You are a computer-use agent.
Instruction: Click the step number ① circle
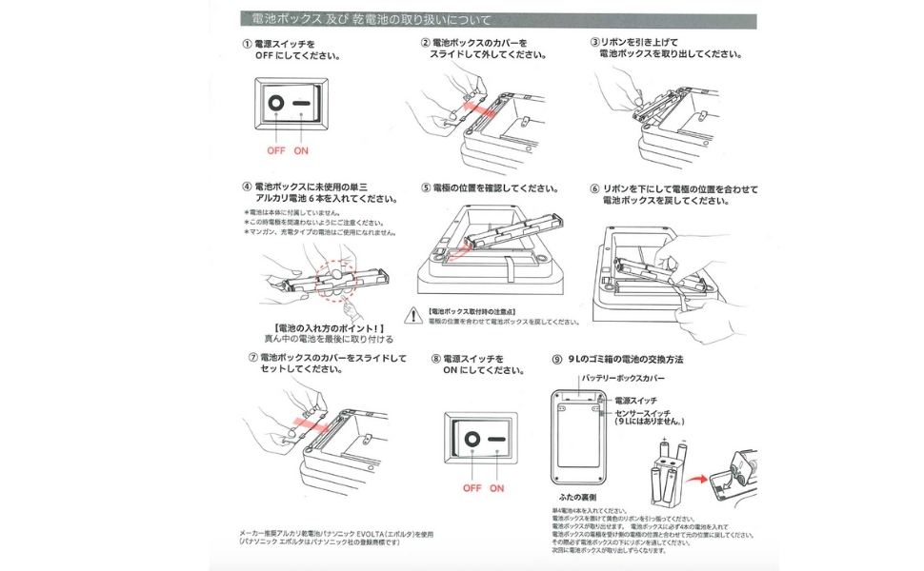[x=248, y=44]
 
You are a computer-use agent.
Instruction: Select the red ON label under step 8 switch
[x=496, y=488]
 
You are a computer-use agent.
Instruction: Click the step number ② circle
[x=426, y=44]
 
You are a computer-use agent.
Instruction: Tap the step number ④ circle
[x=248, y=187]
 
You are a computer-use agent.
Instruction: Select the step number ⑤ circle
[x=426, y=188]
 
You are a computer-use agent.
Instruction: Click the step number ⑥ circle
[x=594, y=188]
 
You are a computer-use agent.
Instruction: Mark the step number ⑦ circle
[x=251, y=358]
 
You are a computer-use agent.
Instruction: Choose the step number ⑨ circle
[x=558, y=359]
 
